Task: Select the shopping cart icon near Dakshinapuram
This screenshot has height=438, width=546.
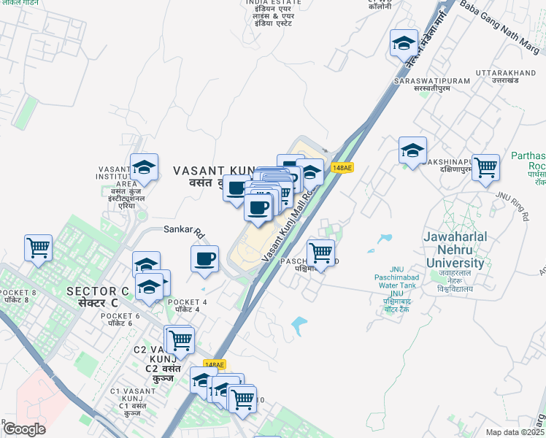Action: pyautogui.click(x=485, y=168)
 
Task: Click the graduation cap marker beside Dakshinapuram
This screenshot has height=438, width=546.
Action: pyautogui.click(x=412, y=151)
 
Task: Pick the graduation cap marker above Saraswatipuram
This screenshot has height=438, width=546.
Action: pyautogui.click(x=404, y=43)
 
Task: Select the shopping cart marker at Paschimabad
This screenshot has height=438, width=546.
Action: pyautogui.click(x=320, y=253)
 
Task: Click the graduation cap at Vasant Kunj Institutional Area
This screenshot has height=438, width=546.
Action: pyautogui.click(x=144, y=168)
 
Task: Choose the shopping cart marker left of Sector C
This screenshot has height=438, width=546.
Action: pyautogui.click(x=38, y=247)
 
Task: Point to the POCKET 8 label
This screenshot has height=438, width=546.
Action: pyautogui.click(x=19, y=293)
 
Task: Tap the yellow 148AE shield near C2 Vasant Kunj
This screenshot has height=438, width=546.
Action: pyautogui.click(x=214, y=364)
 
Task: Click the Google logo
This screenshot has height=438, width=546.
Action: pyautogui.click(x=24, y=429)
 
